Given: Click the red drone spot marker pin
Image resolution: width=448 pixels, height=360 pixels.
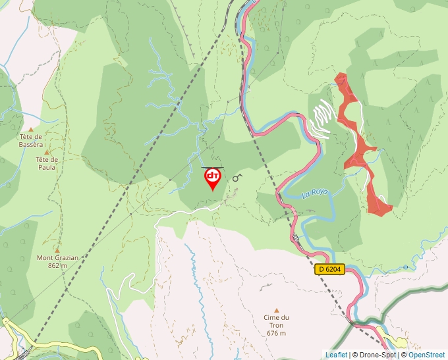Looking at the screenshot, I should click(212, 178).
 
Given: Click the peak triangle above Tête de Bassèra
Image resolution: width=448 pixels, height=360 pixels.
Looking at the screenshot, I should click(30, 129).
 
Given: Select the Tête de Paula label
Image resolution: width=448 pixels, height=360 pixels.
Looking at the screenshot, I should click(46, 163).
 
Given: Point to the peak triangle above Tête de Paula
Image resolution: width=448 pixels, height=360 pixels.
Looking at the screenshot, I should click(46, 152).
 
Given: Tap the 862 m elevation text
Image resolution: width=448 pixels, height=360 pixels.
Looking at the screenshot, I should click(57, 265).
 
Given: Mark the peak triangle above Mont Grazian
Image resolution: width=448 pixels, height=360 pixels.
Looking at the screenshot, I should click(57, 250).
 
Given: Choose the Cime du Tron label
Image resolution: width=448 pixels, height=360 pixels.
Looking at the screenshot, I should click(277, 317).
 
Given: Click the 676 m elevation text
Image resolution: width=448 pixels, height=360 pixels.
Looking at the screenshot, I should click(277, 332).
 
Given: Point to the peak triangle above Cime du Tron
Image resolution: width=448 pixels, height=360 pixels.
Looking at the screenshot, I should click(277, 310).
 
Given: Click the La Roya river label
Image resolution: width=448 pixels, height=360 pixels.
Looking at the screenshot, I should click(314, 194).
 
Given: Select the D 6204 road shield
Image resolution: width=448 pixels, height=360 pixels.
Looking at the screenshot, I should click(329, 269).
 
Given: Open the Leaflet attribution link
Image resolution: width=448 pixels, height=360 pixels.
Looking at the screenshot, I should click(337, 355).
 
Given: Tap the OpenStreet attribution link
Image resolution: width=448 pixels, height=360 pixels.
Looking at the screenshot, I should click(426, 355).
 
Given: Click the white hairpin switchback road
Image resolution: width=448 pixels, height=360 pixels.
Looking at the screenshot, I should click(321, 118).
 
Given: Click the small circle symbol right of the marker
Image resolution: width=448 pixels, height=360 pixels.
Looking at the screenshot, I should click(236, 178).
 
